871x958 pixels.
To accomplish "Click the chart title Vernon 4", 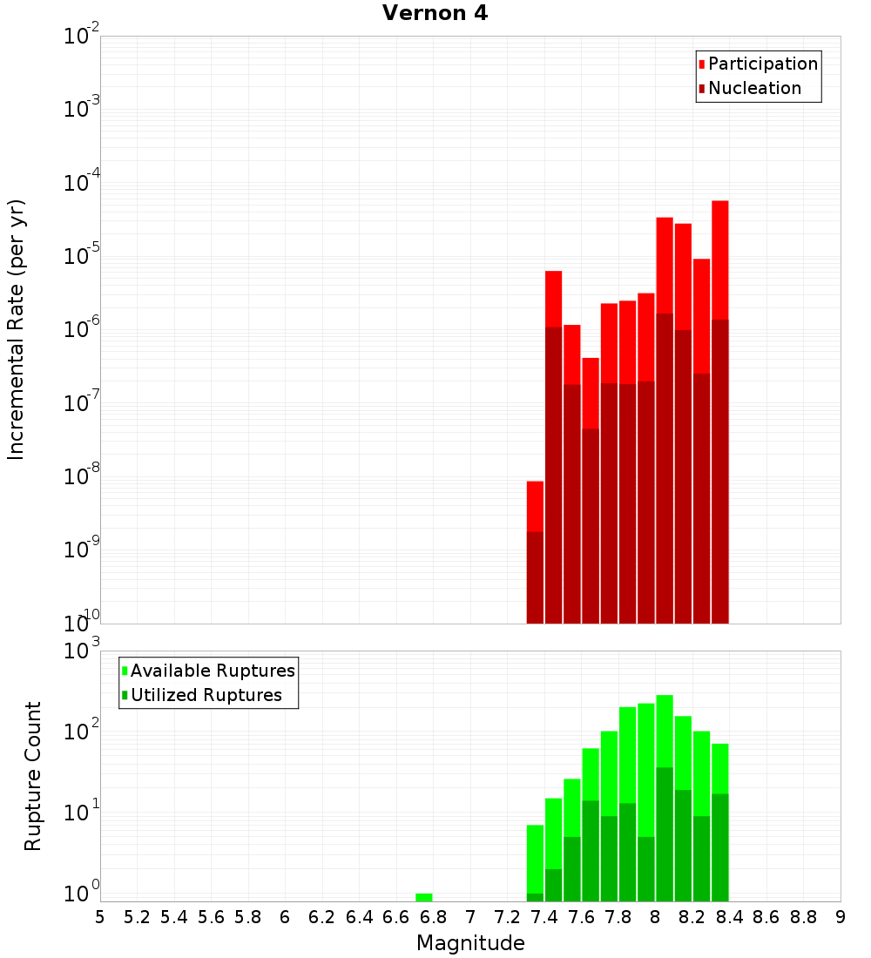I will pyautogui.click(x=435, y=14).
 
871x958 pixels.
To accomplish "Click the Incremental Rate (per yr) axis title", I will pyautogui.click(x=17, y=330).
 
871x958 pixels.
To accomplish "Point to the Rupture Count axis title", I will pyautogui.click(x=33, y=776).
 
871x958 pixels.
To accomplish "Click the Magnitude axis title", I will pyautogui.click(x=470, y=943).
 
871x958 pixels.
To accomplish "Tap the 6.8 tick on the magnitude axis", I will pyautogui.click(x=433, y=916).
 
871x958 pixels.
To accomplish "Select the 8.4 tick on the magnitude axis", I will pyautogui.click(x=729, y=916).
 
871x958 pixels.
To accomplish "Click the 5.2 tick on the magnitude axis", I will pyautogui.click(x=137, y=916).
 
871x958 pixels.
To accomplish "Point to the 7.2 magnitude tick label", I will pyautogui.click(x=507, y=916).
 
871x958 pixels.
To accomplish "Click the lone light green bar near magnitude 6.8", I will pyautogui.click(x=423, y=897).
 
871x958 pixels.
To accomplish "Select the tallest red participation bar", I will pyautogui.click(x=719, y=261).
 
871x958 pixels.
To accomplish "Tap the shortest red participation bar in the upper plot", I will pyautogui.click(x=535, y=506).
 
